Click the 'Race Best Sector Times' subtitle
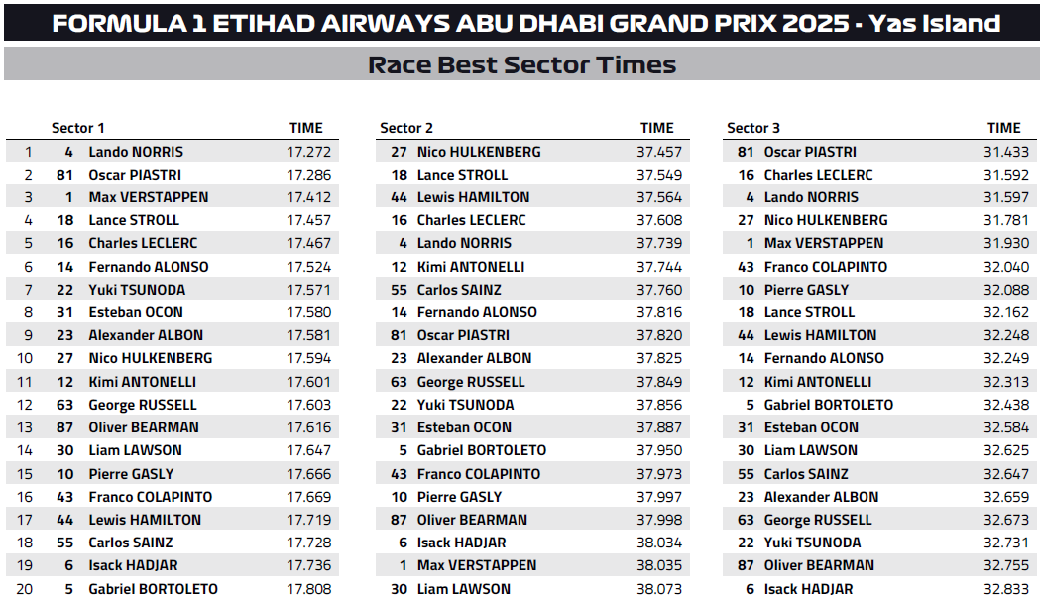(x=521, y=65)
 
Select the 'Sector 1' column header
(x=77, y=128)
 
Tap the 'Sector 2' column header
(x=406, y=128)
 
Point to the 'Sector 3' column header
(x=753, y=128)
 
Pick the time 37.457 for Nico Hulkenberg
(x=659, y=152)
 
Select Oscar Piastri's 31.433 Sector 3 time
(x=1004, y=152)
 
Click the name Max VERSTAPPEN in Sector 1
(x=149, y=197)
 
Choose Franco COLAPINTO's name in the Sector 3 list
(x=825, y=267)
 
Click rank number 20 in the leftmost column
(x=28, y=589)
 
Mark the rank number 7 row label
(x=29, y=290)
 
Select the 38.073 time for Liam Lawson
(x=659, y=589)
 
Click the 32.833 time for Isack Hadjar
(x=1004, y=589)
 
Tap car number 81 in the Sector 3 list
(x=747, y=152)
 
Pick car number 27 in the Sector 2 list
(x=400, y=152)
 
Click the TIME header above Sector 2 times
(x=657, y=128)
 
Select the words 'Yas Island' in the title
(x=934, y=23)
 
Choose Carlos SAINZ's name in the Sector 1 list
(x=130, y=543)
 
